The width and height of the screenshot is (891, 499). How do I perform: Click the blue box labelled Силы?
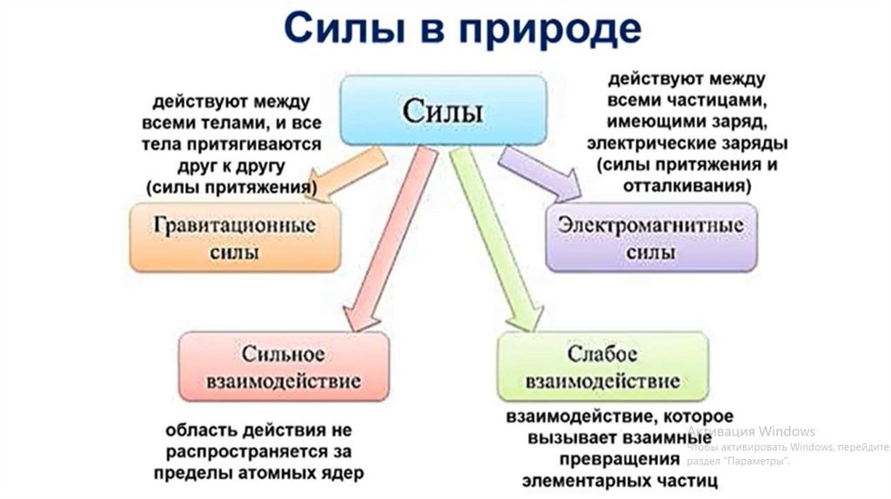[x=442, y=111]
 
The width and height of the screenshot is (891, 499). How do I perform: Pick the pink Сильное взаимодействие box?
[x=283, y=368]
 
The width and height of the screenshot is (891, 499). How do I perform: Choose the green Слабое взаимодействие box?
[x=601, y=368]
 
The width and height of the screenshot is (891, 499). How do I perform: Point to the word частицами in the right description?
[x=724, y=100]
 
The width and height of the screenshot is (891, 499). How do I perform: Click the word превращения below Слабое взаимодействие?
[x=619, y=458]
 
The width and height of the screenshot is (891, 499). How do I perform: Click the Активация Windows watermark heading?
[x=752, y=431]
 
